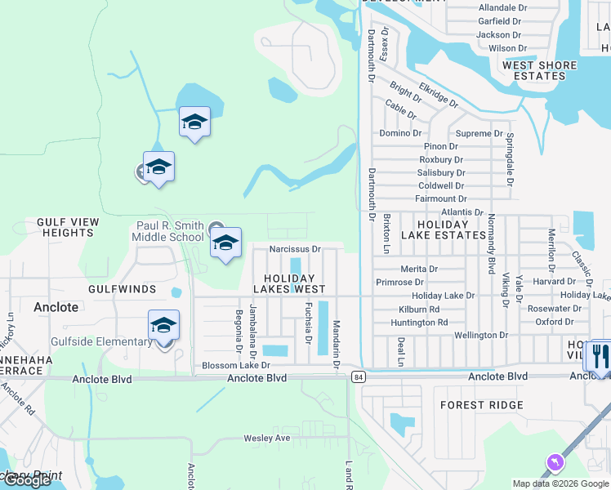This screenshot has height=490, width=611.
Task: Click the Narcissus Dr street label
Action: tap(295, 248)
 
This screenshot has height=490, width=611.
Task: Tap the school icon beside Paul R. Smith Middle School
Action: tap(226, 243)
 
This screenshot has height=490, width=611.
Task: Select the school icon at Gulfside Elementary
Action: tap(164, 327)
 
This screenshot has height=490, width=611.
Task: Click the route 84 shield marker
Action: tap(359, 376)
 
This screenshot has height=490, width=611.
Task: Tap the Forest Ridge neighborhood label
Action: tap(482, 405)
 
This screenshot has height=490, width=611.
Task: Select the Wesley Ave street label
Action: tap(267, 439)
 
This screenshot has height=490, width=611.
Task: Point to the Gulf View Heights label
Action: tap(68, 227)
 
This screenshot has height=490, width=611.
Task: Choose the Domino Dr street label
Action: tap(400, 133)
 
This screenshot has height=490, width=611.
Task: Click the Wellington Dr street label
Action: tap(481, 335)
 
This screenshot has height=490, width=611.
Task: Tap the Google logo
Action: tap(28, 480)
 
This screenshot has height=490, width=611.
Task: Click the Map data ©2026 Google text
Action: tap(560, 483)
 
